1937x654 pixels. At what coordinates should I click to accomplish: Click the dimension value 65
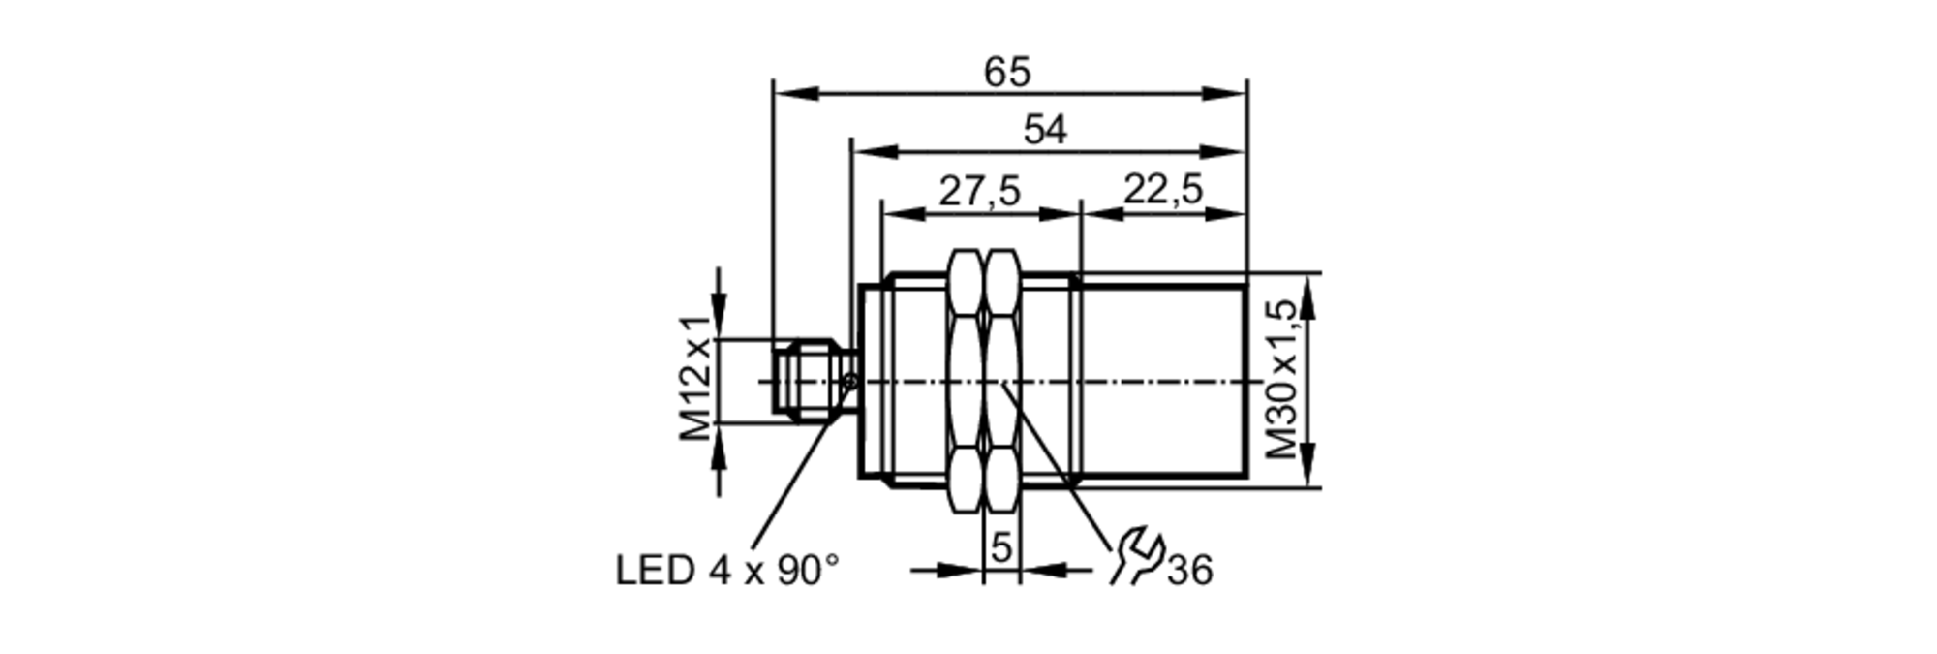pyautogui.click(x=1007, y=73)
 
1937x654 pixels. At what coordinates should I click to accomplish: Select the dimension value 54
pyautogui.click(x=1045, y=130)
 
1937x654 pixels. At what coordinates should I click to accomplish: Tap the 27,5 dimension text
pyautogui.click(x=979, y=192)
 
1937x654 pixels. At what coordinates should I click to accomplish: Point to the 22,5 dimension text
pyautogui.click(x=1162, y=190)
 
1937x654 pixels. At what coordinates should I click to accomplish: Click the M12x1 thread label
pyautogui.click(x=695, y=379)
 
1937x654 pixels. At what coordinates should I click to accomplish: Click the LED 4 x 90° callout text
pyautogui.click(x=727, y=571)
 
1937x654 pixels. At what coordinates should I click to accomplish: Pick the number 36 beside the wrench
pyautogui.click(x=1189, y=572)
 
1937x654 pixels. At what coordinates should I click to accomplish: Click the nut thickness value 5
pyautogui.click(x=1001, y=548)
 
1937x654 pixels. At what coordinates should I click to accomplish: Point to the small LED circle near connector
pyautogui.click(x=851, y=382)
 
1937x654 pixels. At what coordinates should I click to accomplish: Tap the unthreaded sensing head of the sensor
pyautogui.click(x=1162, y=380)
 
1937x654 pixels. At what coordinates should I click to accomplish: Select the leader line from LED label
pyautogui.click(x=800, y=466)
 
